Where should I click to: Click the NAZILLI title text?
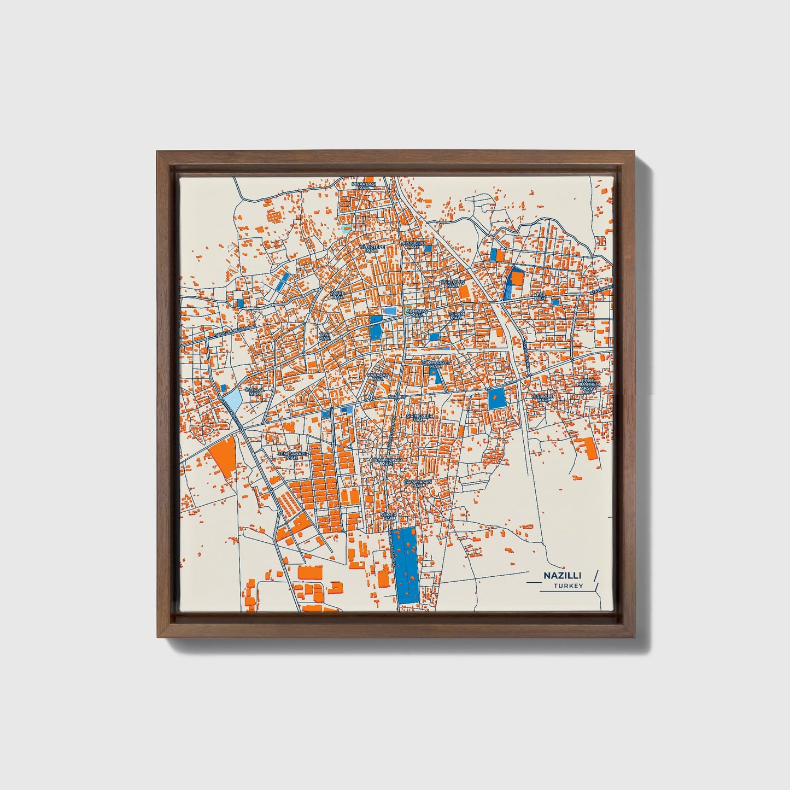562,576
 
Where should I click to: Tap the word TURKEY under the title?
568,586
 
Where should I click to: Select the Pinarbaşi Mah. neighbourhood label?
364,186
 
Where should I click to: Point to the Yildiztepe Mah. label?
372,248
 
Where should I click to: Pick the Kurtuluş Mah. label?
452,284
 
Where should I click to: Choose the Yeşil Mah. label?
540,296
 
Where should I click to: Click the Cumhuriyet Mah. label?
436,364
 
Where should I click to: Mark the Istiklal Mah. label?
255,391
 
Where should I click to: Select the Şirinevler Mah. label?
420,418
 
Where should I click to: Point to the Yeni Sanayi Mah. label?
293,455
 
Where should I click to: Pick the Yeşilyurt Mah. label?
542,398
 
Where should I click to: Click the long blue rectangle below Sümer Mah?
405,565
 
